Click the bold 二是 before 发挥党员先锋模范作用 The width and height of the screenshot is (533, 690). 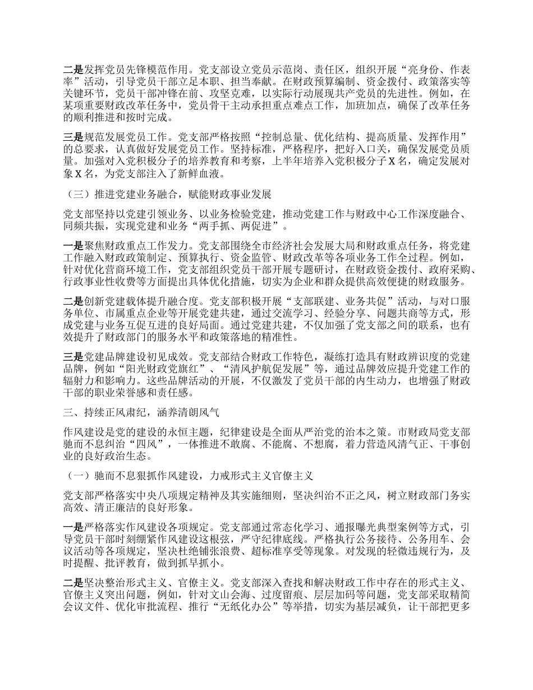tap(73, 70)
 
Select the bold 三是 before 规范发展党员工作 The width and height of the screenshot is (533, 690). tap(73, 136)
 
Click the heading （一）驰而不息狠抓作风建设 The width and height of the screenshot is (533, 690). tap(191, 475)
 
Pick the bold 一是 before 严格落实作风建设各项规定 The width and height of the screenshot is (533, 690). tap(73, 526)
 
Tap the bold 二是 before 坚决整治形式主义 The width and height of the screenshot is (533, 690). tap(73, 582)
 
